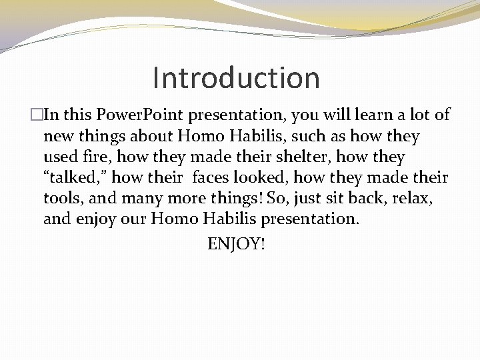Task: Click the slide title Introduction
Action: [x=236, y=77]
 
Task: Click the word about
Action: [x=144, y=136]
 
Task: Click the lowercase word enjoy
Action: [x=93, y=219]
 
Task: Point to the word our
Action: [x=131, y=219]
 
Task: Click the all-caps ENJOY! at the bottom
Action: [x=236, y=244]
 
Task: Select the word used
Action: [x=61, y=157]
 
